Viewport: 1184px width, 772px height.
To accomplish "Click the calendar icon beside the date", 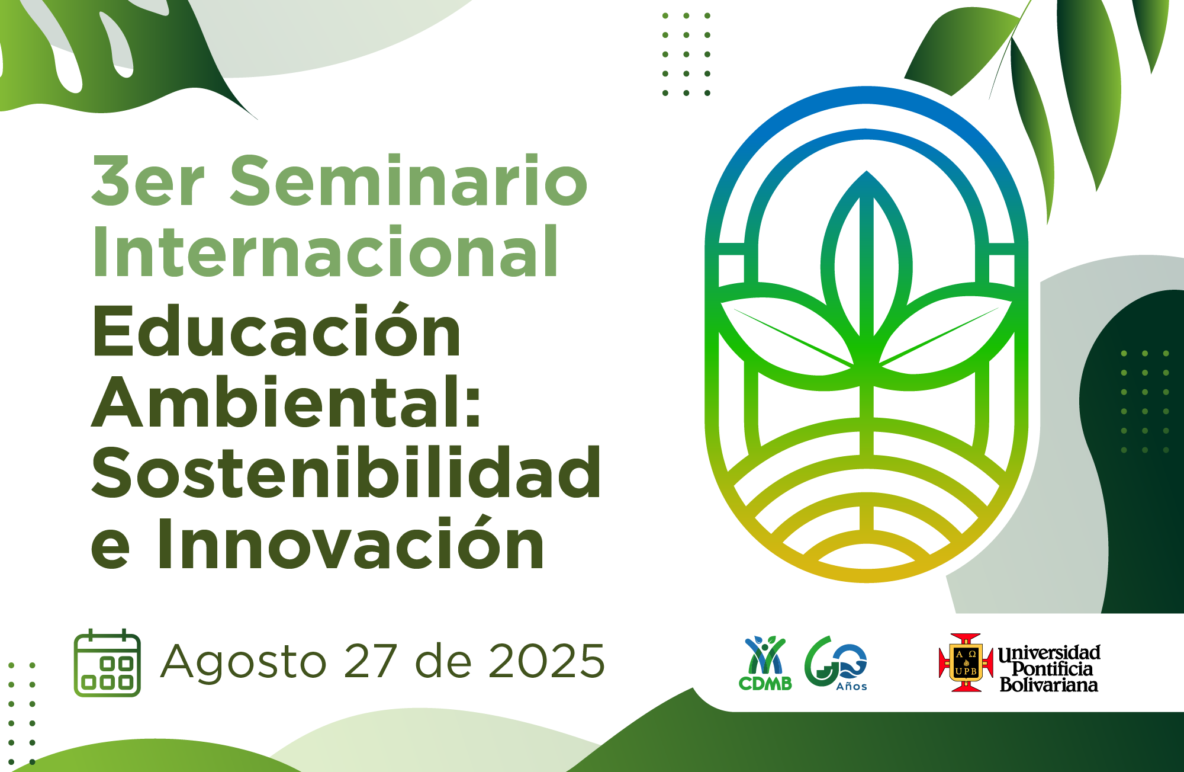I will (107, 663).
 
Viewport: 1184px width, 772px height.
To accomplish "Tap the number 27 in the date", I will (370, 661).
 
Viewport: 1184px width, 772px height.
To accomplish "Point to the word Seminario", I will (408, 181).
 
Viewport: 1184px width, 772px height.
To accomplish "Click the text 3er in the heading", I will (148, 181).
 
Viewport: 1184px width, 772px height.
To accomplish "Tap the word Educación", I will (276, 332).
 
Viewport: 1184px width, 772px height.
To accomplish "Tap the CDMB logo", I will (765, 664).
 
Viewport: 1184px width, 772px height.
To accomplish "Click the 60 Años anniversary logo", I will (836, 664).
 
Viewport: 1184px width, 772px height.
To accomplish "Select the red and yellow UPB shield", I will (966, 663).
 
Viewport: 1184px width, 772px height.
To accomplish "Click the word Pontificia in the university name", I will (1052, 669).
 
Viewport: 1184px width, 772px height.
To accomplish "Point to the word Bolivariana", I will (1048, 685).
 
